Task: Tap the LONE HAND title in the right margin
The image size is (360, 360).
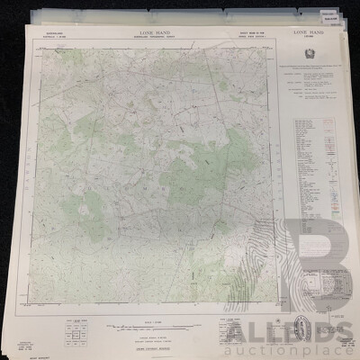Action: click(x=309, y=31)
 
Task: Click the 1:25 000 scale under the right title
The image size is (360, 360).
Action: click(x=309, y=38)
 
